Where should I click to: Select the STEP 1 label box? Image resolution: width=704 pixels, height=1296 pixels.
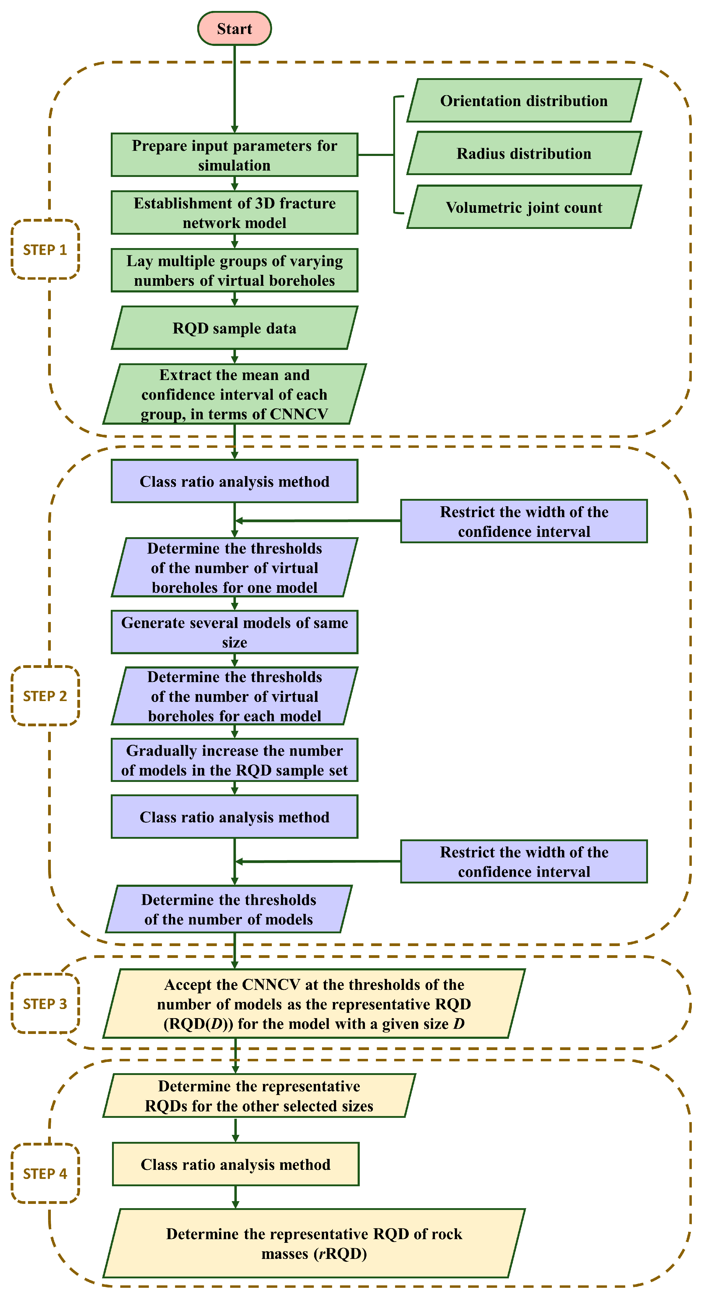pos(45,250)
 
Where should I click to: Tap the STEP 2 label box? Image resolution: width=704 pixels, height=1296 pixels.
pos(45,696)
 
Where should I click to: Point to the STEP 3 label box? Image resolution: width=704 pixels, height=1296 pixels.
pos(45,1004)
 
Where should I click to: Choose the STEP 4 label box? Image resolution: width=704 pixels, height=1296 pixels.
pos(45,1174)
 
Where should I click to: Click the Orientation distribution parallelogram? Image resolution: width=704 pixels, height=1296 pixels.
pos(524,101)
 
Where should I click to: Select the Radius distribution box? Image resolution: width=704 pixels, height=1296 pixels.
pos(524,154)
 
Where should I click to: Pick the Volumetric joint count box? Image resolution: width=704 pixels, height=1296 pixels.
pos(524,207)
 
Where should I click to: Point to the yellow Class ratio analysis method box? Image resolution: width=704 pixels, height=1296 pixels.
pos(235,1164)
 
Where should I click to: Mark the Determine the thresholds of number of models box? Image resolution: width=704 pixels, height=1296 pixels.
pos(229,909)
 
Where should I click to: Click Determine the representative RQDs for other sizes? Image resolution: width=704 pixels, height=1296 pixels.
pos(259,1096)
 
